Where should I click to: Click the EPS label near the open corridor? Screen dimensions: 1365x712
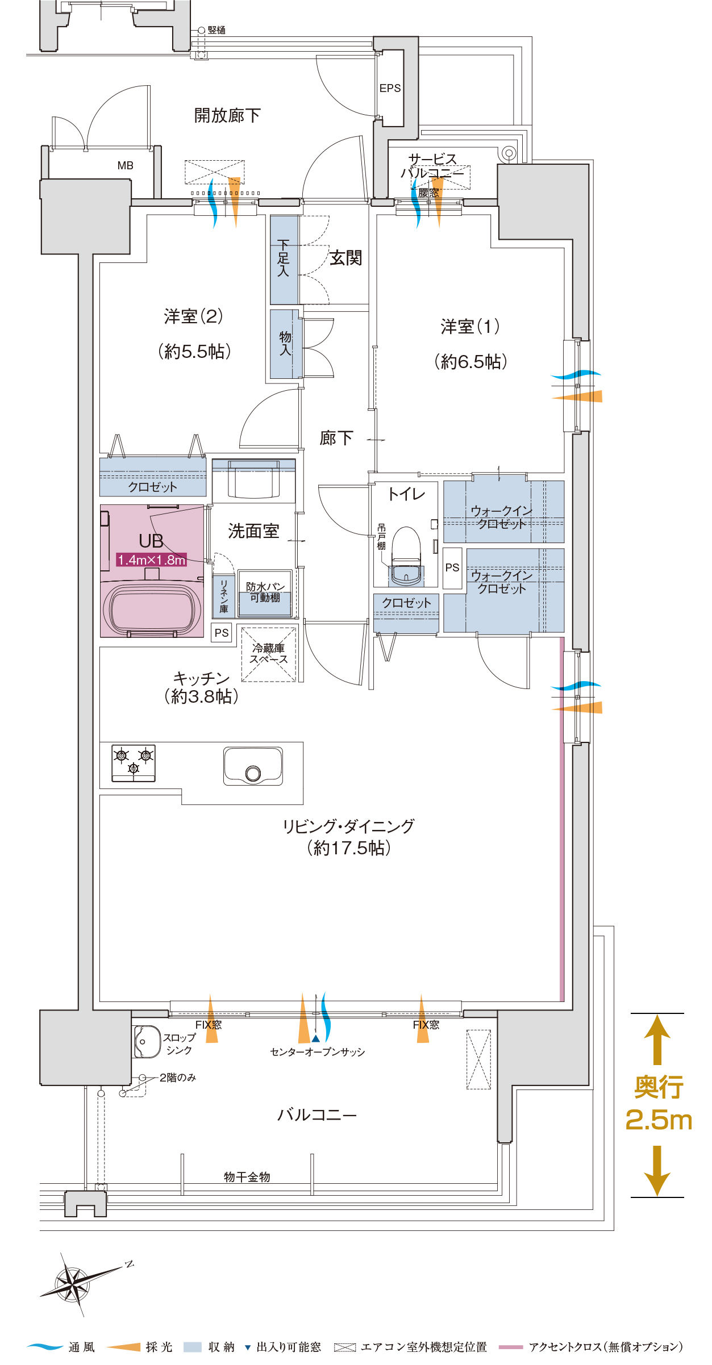[390, 88]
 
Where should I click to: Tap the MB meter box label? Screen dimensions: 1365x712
[125, 165]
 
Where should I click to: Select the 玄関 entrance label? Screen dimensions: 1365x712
[345, 258]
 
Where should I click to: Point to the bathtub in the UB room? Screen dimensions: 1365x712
[152, 608]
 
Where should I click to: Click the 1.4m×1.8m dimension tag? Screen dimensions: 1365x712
[152, 560]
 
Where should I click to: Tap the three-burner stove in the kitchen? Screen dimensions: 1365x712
[134, 763]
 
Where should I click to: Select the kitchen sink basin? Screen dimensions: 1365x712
[253, 766]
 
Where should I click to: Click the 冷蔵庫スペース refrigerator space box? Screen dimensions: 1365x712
[269, 654]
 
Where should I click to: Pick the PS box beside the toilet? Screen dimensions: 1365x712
[452, 567]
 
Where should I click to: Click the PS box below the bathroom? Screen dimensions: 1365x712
[222, 632]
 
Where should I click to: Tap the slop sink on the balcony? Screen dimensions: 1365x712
[147, 1041]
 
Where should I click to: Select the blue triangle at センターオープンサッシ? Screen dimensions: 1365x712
[315, 1038]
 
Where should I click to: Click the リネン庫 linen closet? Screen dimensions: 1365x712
[224, 596]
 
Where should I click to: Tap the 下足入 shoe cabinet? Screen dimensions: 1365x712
[284, 260]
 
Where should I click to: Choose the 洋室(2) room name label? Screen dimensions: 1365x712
[193, 316]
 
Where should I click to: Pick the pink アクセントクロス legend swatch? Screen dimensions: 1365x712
[510, 1347]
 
